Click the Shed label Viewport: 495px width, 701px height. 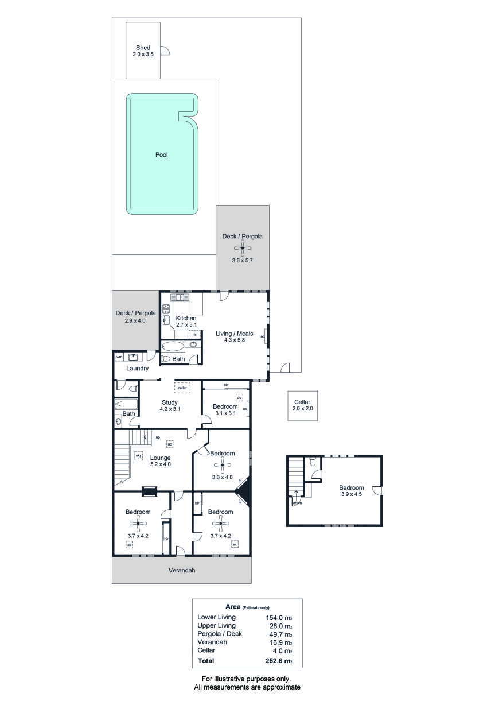point(143,48)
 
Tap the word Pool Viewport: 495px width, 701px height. point(162,154)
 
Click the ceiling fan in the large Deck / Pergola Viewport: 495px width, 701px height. point(243,248)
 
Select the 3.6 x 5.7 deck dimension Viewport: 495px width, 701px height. point(243,260)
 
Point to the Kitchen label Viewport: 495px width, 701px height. point(186,318)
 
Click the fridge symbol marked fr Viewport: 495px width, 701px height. point(194,335)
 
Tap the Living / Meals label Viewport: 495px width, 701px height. point(234,334)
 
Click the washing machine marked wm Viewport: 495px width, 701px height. point(119,357)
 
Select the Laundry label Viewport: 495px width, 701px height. point(137,369)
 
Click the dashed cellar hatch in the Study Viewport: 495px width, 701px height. point(182,388)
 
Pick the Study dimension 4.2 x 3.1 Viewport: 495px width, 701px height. point(170,409)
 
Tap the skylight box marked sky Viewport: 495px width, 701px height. point(138,455)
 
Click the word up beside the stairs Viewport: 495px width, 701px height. point(158,437)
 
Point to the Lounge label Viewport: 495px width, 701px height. point(160,458)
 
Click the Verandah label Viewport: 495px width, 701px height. point(182,570)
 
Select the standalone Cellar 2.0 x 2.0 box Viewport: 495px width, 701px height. point(302,405)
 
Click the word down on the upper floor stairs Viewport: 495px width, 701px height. point(297,504)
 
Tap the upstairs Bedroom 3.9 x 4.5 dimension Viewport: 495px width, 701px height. point(352,494)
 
